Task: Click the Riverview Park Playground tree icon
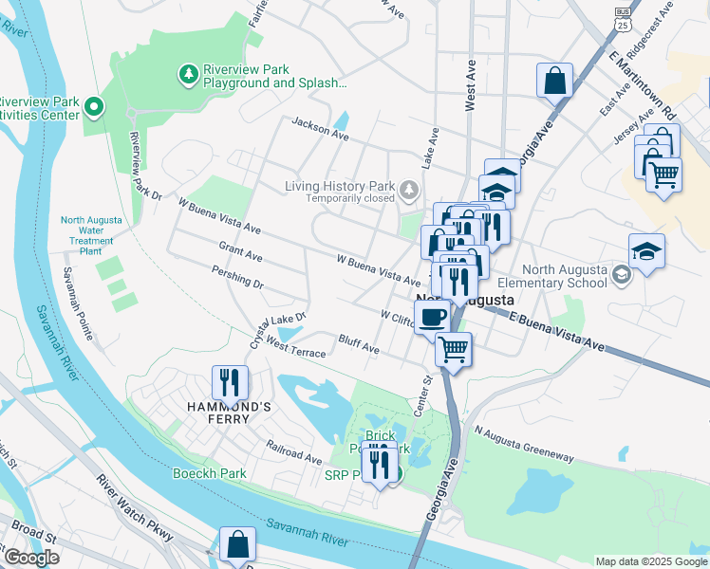(189, 73)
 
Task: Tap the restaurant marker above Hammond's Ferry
(230, 382)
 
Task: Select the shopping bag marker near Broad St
(237, 545)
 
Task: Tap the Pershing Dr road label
(238, 276)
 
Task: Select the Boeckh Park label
(210, 473)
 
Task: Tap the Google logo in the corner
(31, 557)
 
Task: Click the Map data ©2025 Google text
(650, 561)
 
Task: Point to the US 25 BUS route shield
(623, 16)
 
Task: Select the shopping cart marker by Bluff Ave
(454, 349)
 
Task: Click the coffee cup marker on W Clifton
(432, 315)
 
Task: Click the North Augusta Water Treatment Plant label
(91, 236)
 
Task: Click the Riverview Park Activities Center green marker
(94, 108)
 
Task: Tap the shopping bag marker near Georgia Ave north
(554, 81)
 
